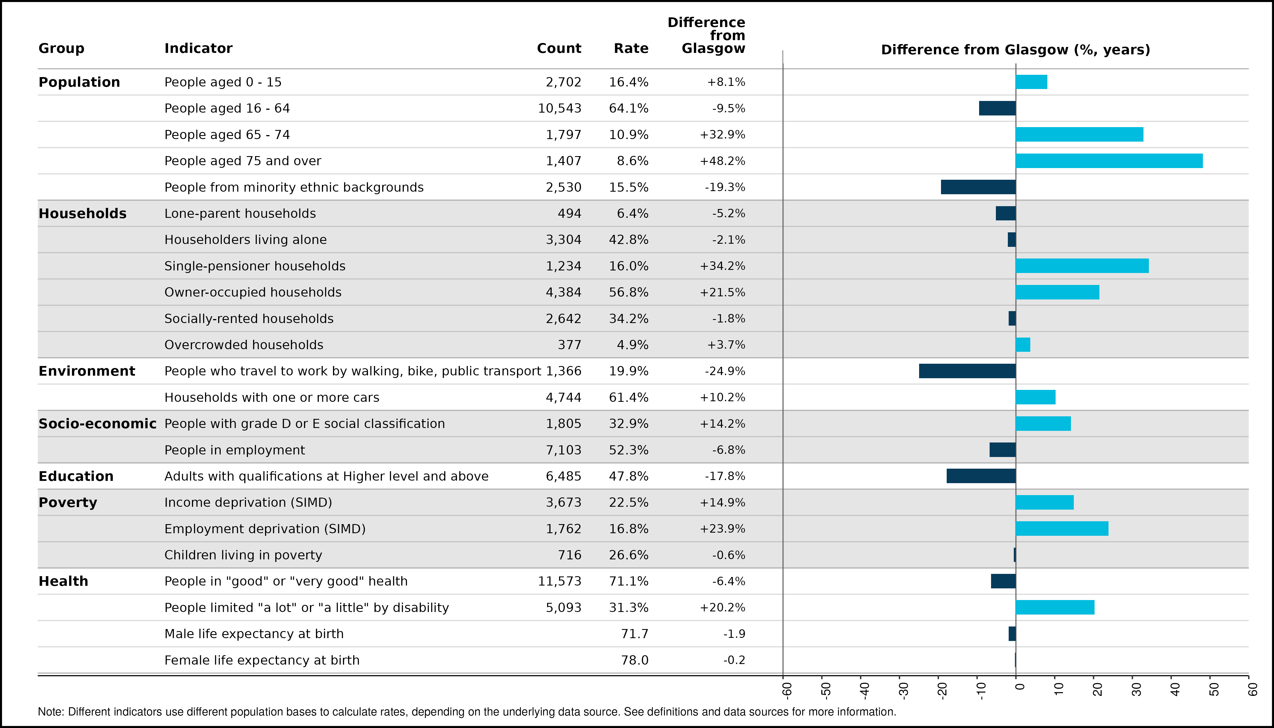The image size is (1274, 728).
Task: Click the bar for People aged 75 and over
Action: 1109,161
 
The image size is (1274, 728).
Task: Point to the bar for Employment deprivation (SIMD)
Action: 1062,528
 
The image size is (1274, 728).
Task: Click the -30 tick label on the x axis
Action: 903,690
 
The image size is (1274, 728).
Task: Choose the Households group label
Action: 82,214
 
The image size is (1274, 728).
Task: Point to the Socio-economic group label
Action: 98,423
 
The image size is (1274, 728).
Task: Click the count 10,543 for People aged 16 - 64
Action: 559,109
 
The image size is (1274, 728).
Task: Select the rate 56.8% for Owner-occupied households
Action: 628,293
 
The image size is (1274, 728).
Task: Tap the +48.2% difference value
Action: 723,161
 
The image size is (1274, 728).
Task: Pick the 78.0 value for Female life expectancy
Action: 634,660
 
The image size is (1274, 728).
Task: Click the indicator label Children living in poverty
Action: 243,555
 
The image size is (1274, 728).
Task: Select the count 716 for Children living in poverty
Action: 570,555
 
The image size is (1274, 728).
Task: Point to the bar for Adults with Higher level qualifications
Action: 981,476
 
